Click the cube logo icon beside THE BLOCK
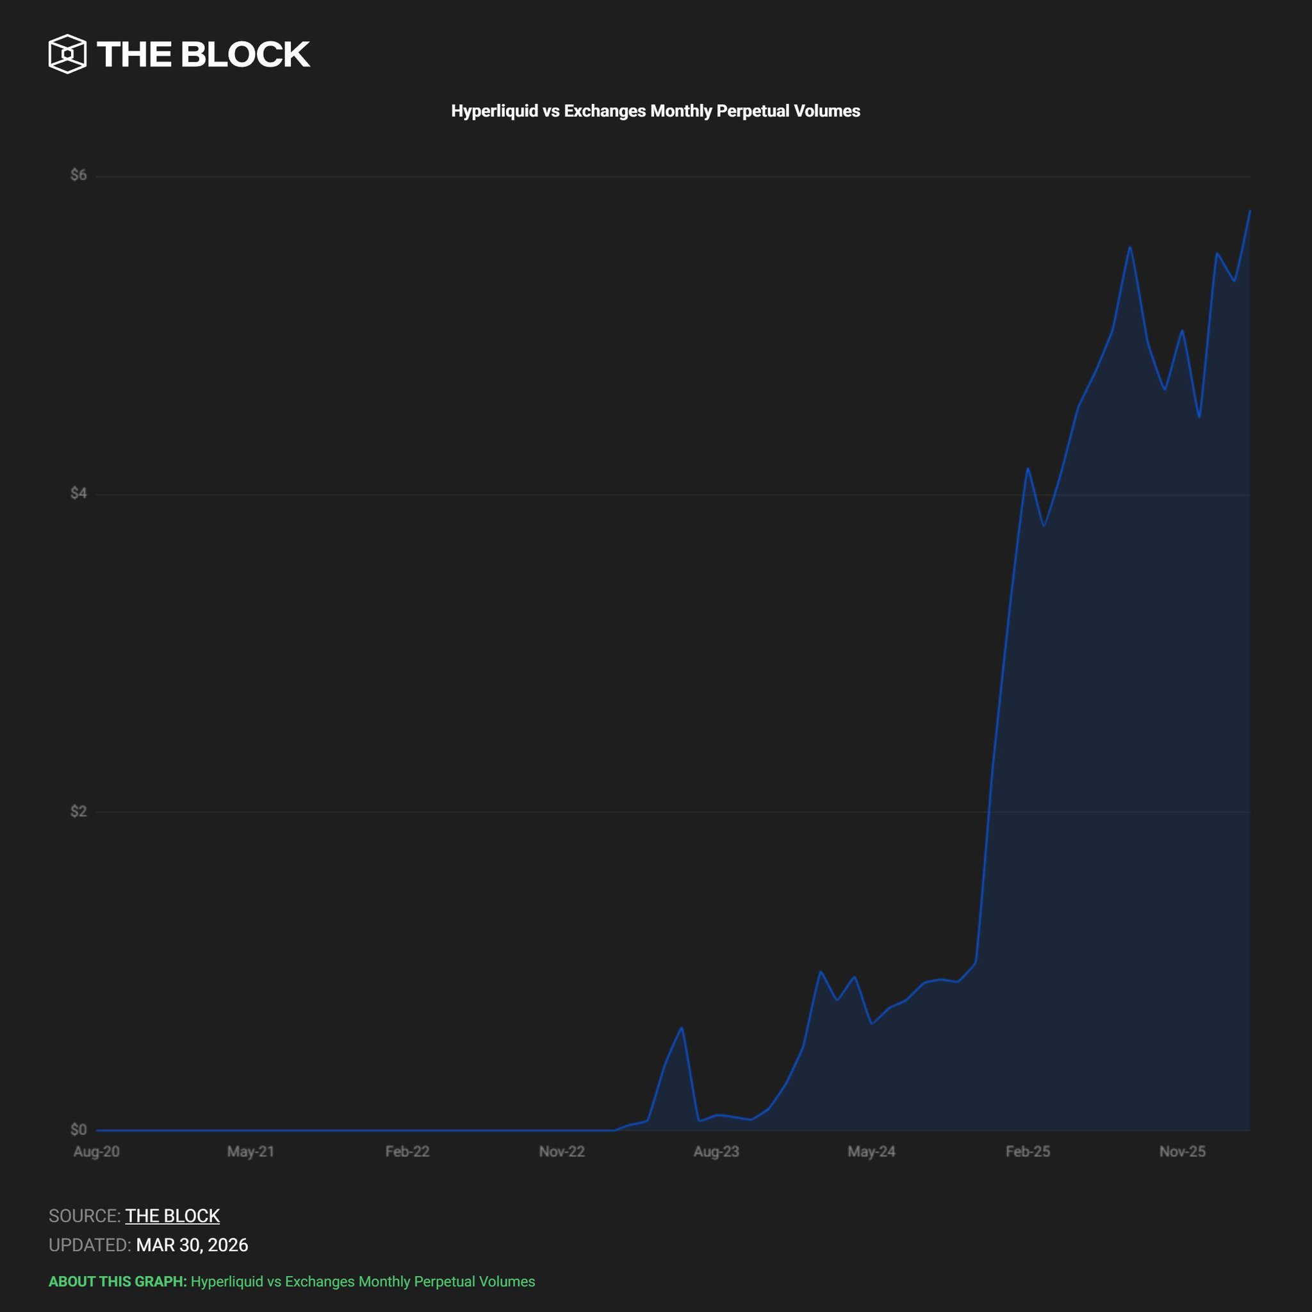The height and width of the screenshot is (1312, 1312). click(67, 54)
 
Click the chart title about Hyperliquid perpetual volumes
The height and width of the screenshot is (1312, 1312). click(655, 111)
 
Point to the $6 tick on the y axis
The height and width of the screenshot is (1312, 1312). click(79, 175)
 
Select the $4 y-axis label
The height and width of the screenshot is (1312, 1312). click(79, 493)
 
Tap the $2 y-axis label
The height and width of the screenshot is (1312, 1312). click(79, 811)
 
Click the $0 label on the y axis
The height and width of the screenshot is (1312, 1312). click(79, 1129)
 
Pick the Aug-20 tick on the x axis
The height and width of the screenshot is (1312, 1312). click(97, 1152)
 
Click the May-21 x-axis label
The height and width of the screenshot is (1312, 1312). click(250, 1152)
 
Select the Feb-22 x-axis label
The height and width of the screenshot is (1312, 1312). click(407, 1152)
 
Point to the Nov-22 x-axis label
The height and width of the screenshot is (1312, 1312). click(562, 1152)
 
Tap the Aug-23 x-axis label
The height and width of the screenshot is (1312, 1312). click(716, 1152)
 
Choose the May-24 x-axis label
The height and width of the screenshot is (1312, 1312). click(871, 1152)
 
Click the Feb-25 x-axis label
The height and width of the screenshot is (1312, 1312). click(1028, 1152)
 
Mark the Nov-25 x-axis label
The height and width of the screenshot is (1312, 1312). click(1183, 1152)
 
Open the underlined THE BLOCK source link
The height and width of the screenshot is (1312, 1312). click(172, 1215)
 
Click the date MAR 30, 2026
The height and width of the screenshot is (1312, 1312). click(192, 1245)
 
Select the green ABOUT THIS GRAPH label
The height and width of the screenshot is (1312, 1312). click(117, 1281)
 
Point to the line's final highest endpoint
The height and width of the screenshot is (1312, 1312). click(1249, 211)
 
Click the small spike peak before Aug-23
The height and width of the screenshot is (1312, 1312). click(682, 1028)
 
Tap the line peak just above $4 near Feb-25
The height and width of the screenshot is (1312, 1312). click(1028, 468)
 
